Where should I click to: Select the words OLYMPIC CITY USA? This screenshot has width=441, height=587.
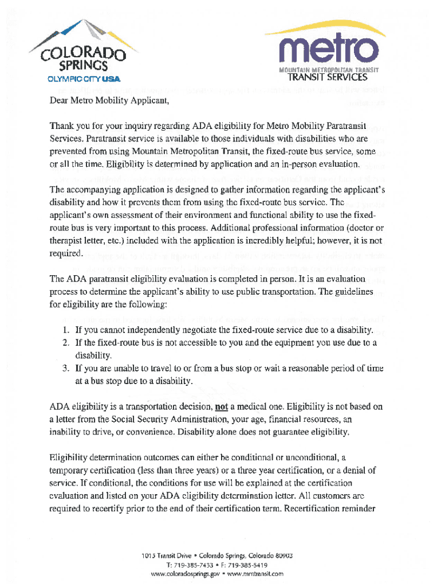[x=84, y=79]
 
